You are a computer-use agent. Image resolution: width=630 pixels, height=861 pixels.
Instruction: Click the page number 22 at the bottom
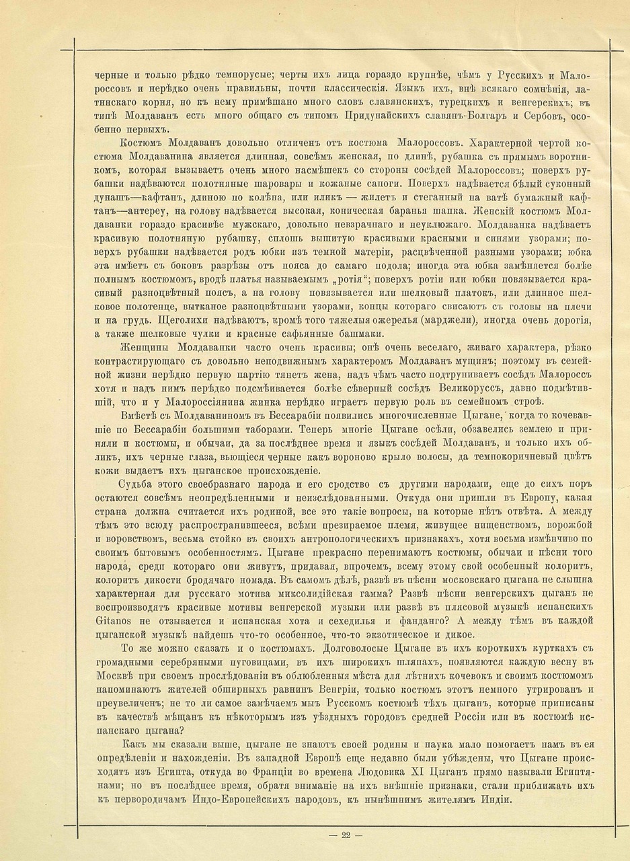(x=346, y=836)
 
